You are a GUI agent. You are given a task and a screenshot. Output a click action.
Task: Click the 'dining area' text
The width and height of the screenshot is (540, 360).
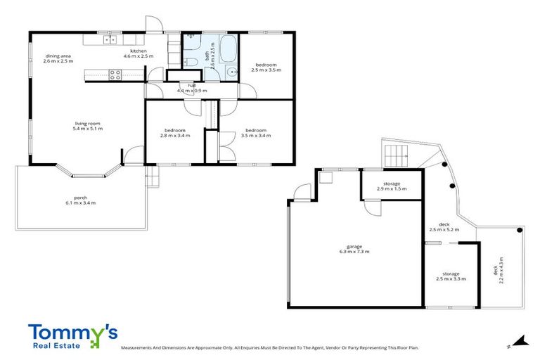(58, 56)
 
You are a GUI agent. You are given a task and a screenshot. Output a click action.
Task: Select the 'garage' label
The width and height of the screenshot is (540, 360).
(354, 246)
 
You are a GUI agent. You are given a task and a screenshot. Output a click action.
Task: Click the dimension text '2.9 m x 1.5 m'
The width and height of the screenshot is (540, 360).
(392, 189)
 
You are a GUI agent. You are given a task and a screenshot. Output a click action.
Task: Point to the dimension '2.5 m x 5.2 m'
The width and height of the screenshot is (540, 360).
(444, 229)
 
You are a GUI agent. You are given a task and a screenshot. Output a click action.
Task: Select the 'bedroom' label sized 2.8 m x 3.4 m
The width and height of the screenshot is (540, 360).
(174, 130)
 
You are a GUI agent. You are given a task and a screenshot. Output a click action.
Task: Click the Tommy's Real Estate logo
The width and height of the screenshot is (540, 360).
(72, 335)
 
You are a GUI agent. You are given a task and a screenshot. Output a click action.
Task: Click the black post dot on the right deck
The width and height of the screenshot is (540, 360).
(519, 230)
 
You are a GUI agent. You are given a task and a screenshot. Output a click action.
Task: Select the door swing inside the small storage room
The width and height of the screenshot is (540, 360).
(371, 207)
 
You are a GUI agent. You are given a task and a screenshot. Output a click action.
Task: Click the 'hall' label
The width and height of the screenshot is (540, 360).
(191, 85)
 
